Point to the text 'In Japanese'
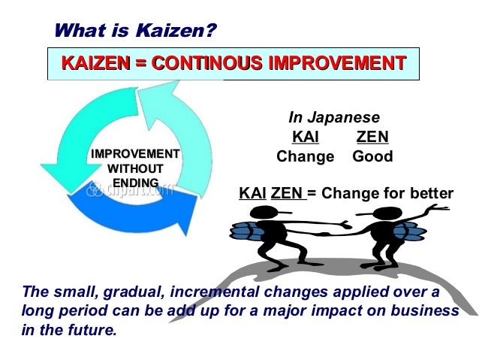(334, 118)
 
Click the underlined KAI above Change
(305, 138)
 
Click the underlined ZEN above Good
(372, 138)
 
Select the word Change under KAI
(305, 157)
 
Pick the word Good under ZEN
(372, 157)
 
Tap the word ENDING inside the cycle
(135, 183)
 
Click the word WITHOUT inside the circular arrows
(135, 168)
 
